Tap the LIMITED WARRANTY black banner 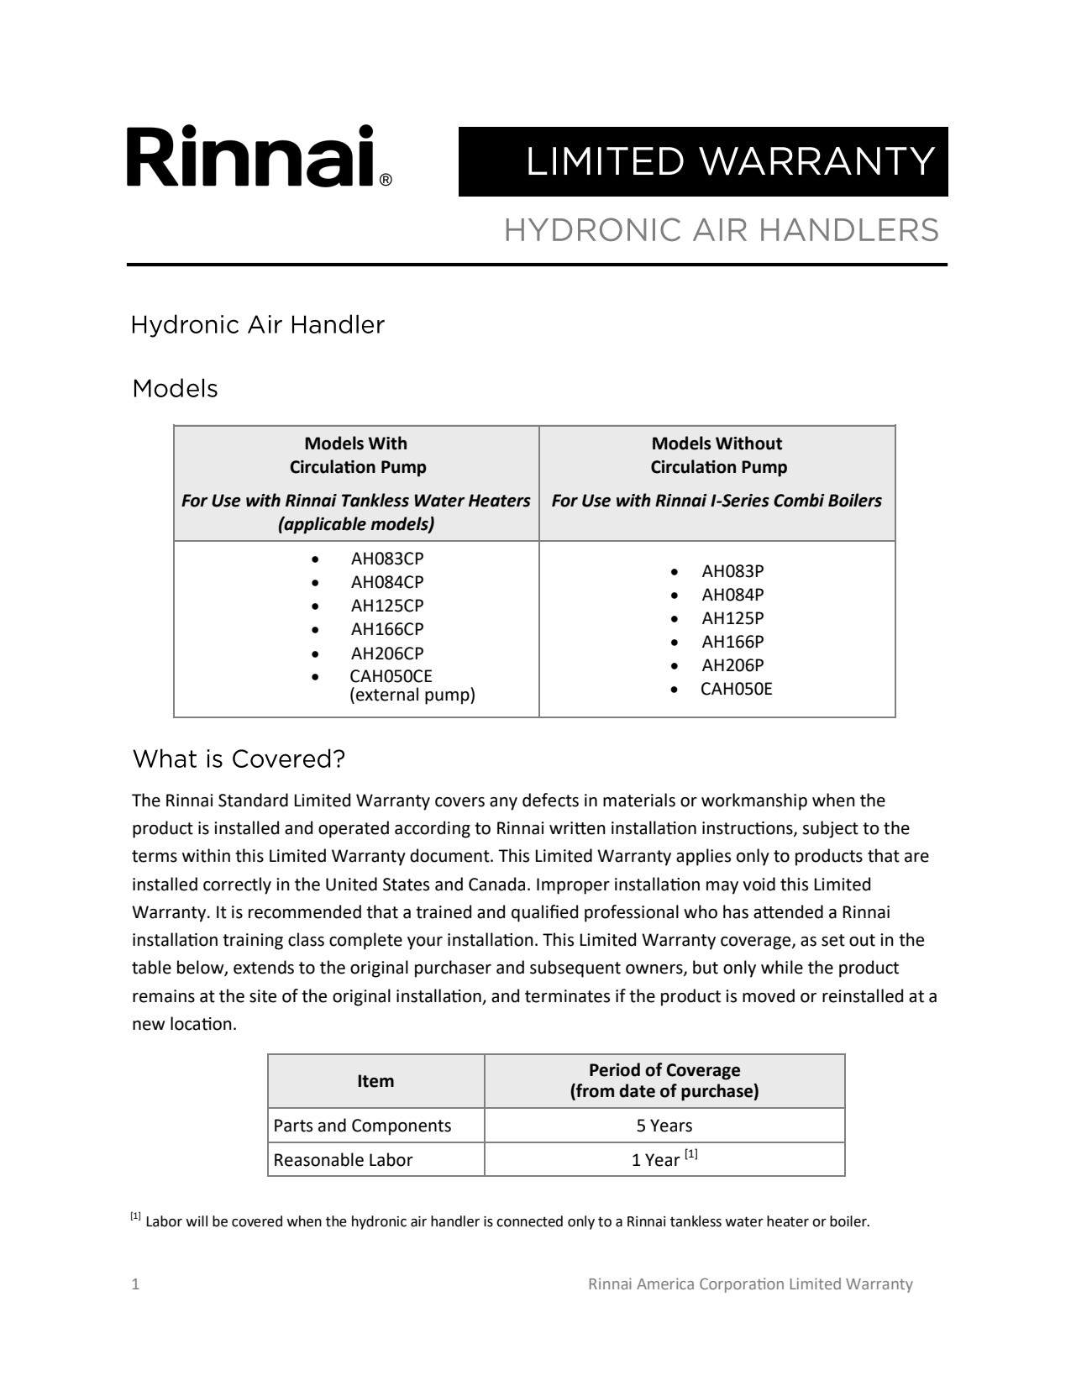click(x=703, y=161)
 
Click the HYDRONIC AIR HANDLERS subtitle click(x=721, y=230)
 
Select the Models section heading click(x=175, y=389)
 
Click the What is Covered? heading click(x=239, y=759)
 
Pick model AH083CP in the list click(x=386, y=559)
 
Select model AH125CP click(x=386, y=606)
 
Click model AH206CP click(x=386, y=653)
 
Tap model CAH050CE click(x=391, y=676)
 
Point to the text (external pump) click(x=412, y=695)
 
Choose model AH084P click(x=732, y=595)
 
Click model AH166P click(x=732, y=642)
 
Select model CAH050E click(x=736, y=689)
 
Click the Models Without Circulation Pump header click(x=717, y=455)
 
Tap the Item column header click(x=375, y=1081)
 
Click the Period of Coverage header click(x=664, y=1080)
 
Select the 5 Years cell click(x=664, y=1126)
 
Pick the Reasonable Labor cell click(x=343, y=1160)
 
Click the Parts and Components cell click(x=362, y=1126)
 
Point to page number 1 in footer click(x=136, y=1284)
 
